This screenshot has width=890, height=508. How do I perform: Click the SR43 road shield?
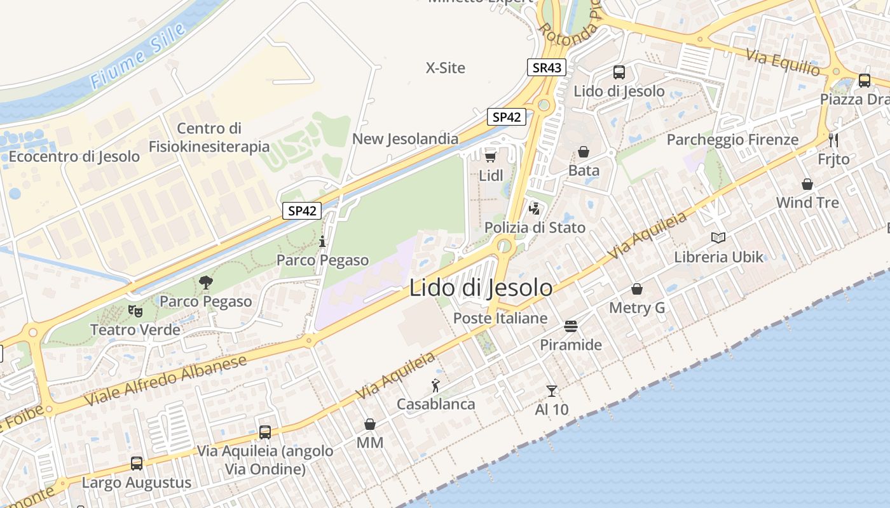tap(546, 67)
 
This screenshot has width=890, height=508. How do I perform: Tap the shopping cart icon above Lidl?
tap(490, 156)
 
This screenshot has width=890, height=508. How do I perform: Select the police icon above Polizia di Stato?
tap(535, 208)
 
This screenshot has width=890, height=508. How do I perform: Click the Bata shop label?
tap(584, 170)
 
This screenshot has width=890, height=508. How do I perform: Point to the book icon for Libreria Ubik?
tap(718, 237)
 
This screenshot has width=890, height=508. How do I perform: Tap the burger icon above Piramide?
tap(570, 326)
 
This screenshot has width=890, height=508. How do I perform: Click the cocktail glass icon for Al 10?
tap(551, 391)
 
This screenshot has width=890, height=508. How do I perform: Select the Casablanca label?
tap(435, 404)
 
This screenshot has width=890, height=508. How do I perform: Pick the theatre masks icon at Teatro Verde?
tap(135, 311)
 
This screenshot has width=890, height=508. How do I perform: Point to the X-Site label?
tap(445, 67)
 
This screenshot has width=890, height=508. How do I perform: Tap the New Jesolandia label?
tap(405, 138)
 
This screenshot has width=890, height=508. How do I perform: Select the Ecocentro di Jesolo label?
tap(74, 156)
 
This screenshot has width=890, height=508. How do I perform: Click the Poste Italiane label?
tap(500, 318)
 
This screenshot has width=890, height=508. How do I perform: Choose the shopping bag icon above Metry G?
tap(637, 290)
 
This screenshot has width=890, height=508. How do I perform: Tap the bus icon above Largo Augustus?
tap(137, 464)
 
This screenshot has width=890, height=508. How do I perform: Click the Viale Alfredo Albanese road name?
tap(165, 381)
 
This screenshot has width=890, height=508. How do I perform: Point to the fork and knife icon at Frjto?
tap(833, 140)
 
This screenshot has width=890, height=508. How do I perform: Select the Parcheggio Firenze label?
tap(732, 140)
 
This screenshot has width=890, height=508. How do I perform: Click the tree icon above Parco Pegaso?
tap(206, 282)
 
